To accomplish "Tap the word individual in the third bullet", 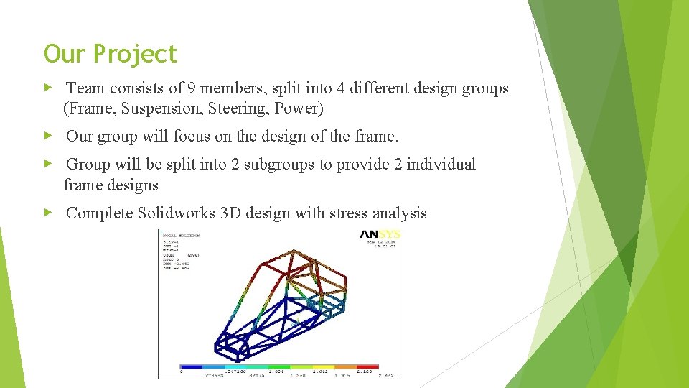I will (x=441, y=165).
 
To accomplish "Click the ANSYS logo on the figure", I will (x=380, y=234).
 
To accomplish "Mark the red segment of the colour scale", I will (x=367, y=367).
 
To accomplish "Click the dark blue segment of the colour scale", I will (x=190, y=367).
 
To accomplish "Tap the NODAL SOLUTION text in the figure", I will (x=181, y=235).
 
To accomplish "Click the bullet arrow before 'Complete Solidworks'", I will (x=48, y=213).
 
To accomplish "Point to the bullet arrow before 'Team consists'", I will (x=48, y=88).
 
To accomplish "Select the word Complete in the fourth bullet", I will (x=99, y=213).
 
